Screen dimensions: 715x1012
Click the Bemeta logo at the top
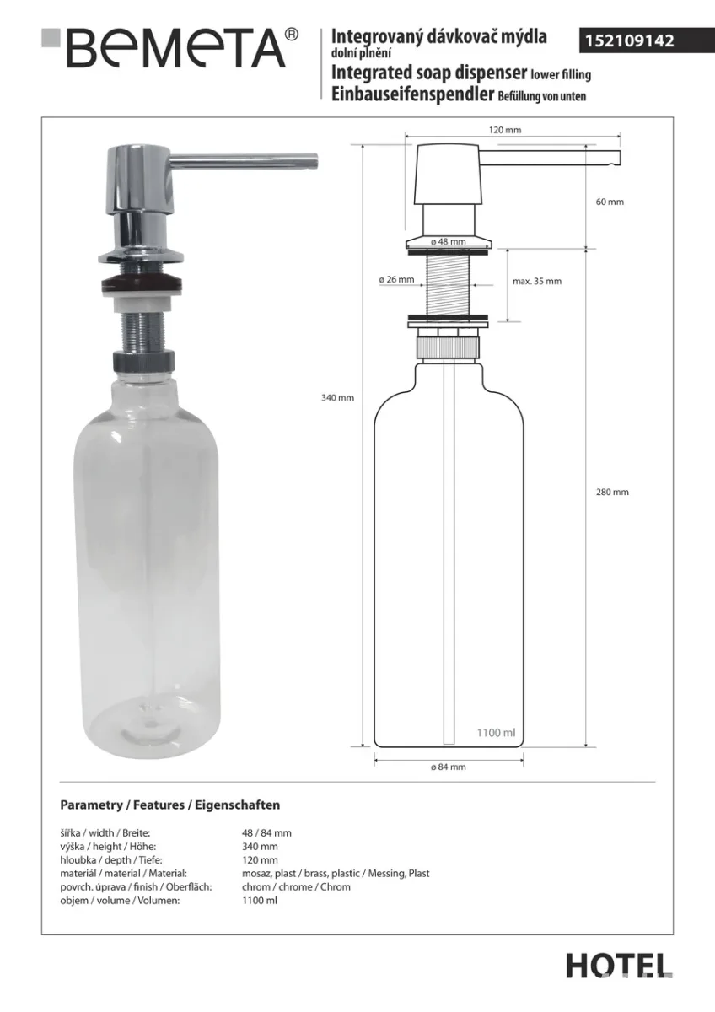tap(169, 48)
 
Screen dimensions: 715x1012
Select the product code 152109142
tap(630, 41)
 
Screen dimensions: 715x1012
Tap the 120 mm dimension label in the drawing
tap(505, 130)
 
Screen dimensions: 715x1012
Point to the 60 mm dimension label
tap(610, 202)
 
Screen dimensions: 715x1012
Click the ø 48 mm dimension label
tap(448, 242)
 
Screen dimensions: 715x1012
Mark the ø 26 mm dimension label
tap(396, 280)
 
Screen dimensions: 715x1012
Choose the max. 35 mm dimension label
tap(537, 281)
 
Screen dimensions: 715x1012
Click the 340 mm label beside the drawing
tap(337, 398)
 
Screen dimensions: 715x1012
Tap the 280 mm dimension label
tap(612, 492)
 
